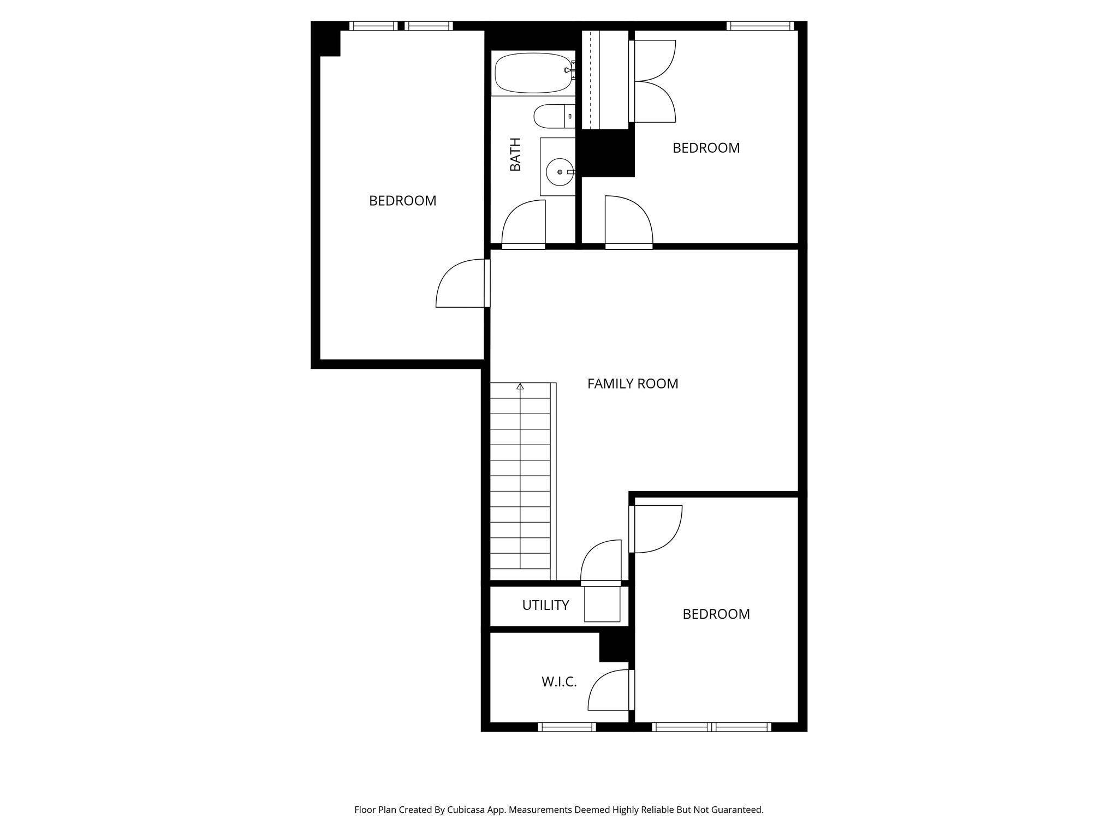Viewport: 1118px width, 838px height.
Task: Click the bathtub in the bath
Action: point(533,73)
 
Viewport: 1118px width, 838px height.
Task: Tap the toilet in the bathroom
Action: point(554,116)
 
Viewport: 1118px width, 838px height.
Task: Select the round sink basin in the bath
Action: point(560,172)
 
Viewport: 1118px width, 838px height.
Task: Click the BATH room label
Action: point(515,154)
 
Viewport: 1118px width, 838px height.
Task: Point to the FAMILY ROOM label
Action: point(633,384)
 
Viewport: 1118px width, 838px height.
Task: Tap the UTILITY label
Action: point(545,605)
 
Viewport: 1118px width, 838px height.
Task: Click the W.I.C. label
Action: point(559,681)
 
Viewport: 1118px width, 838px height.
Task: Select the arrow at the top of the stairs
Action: point(520,387)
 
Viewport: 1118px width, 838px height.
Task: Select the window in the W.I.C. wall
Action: point(567,727)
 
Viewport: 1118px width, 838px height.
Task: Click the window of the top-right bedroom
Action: point(760,26)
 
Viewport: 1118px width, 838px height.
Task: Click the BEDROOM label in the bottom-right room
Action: point(716,614)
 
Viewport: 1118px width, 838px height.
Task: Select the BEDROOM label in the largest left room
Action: point(403,201)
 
